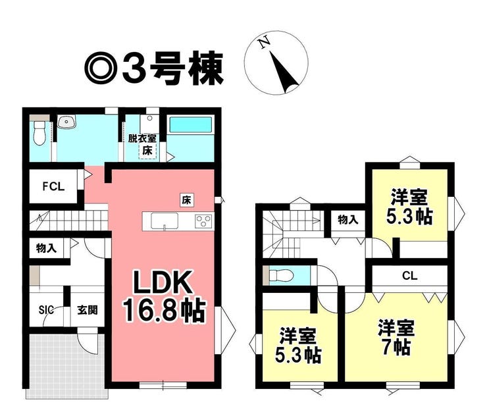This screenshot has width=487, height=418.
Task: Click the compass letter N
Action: coord(265,43)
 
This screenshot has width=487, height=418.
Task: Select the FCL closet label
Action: coord(54,187)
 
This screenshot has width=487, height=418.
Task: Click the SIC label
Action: coord(46,309)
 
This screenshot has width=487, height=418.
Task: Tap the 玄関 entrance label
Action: coord(87,309)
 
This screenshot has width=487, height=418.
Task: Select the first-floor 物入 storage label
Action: coord(46,249)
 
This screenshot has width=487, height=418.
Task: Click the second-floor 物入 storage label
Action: coord(347,220)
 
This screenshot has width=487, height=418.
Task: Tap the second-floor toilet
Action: coord(280,274)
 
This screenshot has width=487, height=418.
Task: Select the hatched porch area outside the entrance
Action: coord(66,365)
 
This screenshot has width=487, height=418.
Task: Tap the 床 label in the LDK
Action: coord(188,198)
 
